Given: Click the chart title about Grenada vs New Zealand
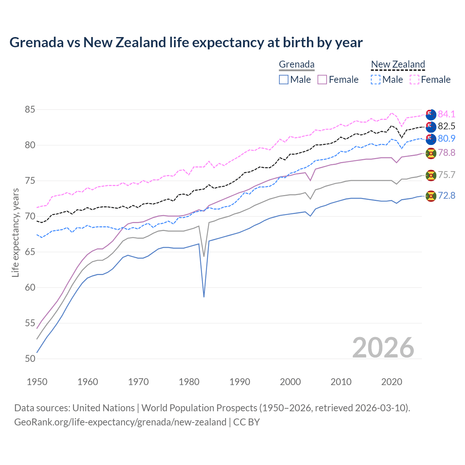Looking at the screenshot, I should [186, 43].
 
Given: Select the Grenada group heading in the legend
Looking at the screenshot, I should [296, 65].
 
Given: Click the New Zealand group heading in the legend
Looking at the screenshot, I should [398, 65].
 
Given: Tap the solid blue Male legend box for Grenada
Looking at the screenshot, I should [284, 80].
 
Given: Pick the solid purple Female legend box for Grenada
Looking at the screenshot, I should [322, 80].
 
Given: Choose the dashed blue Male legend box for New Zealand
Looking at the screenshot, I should [376, 80].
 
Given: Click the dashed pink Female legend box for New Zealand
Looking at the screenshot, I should [415, 80].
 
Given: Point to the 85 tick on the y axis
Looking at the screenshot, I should [30, 110].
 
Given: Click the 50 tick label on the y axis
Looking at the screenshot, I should [30, 359].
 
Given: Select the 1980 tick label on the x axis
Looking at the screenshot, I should [189, 382].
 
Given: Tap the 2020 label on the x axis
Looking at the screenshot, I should [392, 382].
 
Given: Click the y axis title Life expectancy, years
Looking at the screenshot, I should [15, 232].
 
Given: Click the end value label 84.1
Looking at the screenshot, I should [446, 114].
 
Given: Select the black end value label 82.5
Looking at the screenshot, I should [446, 126].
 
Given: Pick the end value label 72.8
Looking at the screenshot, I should [446, 196].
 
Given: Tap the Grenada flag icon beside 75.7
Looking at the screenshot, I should [431, 175].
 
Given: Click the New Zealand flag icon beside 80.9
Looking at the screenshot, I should [431, 139].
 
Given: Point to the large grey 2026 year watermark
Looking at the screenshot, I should [383, 348].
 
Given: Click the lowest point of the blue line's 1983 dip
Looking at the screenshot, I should [204, 297].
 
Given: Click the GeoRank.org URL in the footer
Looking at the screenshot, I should [120, 422].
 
